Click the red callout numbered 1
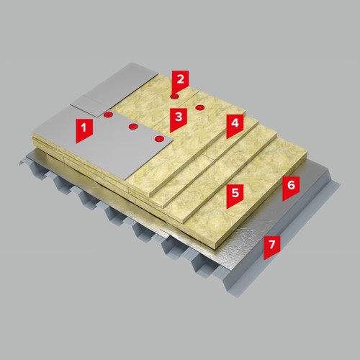coord(84,130)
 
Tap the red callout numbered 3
coord(179,120)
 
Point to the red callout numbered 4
coord(235,125)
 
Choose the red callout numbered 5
coord(235,196)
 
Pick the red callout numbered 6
coord(291,188)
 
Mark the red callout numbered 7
coord(271,247)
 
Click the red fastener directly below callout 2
coord(174,96)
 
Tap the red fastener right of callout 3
coord(199,107)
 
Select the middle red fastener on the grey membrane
coord(132,126)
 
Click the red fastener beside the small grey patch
coord(108,114)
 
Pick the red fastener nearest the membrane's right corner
coord(159,139)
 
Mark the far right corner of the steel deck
coord(341,184)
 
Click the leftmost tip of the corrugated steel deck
coord(19,165)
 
